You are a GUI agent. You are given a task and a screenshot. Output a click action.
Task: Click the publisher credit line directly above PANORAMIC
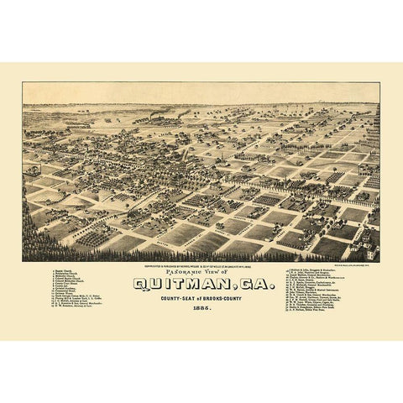(201, 264)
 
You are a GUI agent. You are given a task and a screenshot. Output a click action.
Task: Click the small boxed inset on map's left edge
(31, 170)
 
